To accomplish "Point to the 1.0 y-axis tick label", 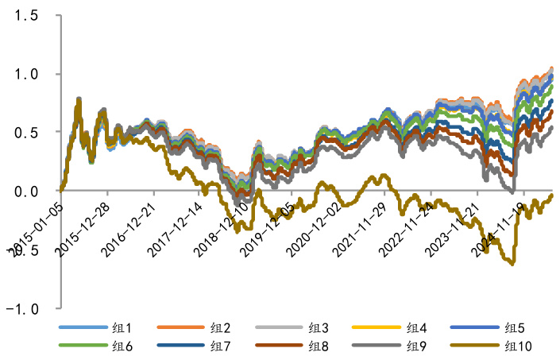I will [x=26, y=74].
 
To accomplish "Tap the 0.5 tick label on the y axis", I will [x=26, y=132].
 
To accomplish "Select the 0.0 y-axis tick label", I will [x=26, y=191].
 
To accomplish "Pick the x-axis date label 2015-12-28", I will [x=82, y=226].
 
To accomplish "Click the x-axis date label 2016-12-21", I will [x=129, y=226].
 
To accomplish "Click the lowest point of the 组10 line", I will [x=512, y=264].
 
